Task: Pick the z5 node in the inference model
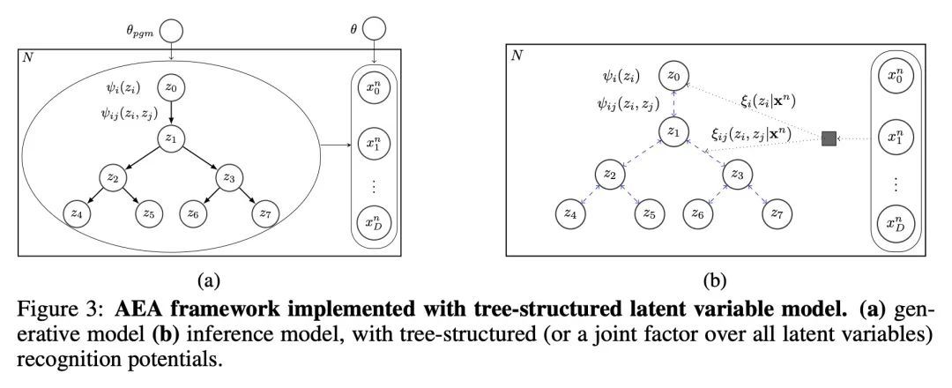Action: [649, 213]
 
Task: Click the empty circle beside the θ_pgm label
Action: [171, 31]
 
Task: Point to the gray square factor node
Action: [829, 138]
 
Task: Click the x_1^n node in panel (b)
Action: [896, 138]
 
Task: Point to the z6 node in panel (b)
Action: [696, 213]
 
